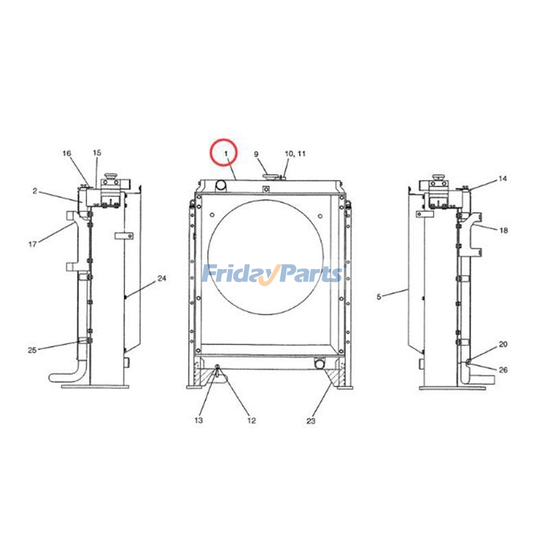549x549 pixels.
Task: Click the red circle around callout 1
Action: pyautogui.click(x=223, y=152)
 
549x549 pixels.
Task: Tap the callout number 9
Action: pyautogui.click(x=256, y=154)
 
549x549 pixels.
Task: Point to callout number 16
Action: pyautogui.click(x=67, y=153)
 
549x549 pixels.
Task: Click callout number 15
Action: pyautogui.click(x=97, y=152)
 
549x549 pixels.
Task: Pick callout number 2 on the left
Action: pyautogui.click(x=34, y=191)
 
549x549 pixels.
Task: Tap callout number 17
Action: pyautogui.click(x=32, y=243)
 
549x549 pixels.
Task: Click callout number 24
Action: pyautogui.click(x=162, y=279)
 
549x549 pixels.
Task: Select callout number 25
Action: pyautogui.click(x=32, y=350)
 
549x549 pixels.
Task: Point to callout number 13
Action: pyautogui.click(x=199, y=420)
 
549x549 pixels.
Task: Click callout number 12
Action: pyautogui.click(x=251, y=420)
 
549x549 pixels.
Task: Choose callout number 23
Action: pyautogui.click(x=311, y=421)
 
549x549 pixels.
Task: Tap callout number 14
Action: pyautogui.click(x=503, y=178)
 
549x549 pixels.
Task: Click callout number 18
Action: pyautogui.click(x=504, y=231)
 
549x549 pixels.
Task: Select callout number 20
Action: pyautogui.click(x=503, y=344)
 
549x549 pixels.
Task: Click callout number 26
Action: pyautogui.click(x=503, y=371)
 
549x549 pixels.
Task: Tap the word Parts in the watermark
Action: pyautogui.click(x=307, y=274)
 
